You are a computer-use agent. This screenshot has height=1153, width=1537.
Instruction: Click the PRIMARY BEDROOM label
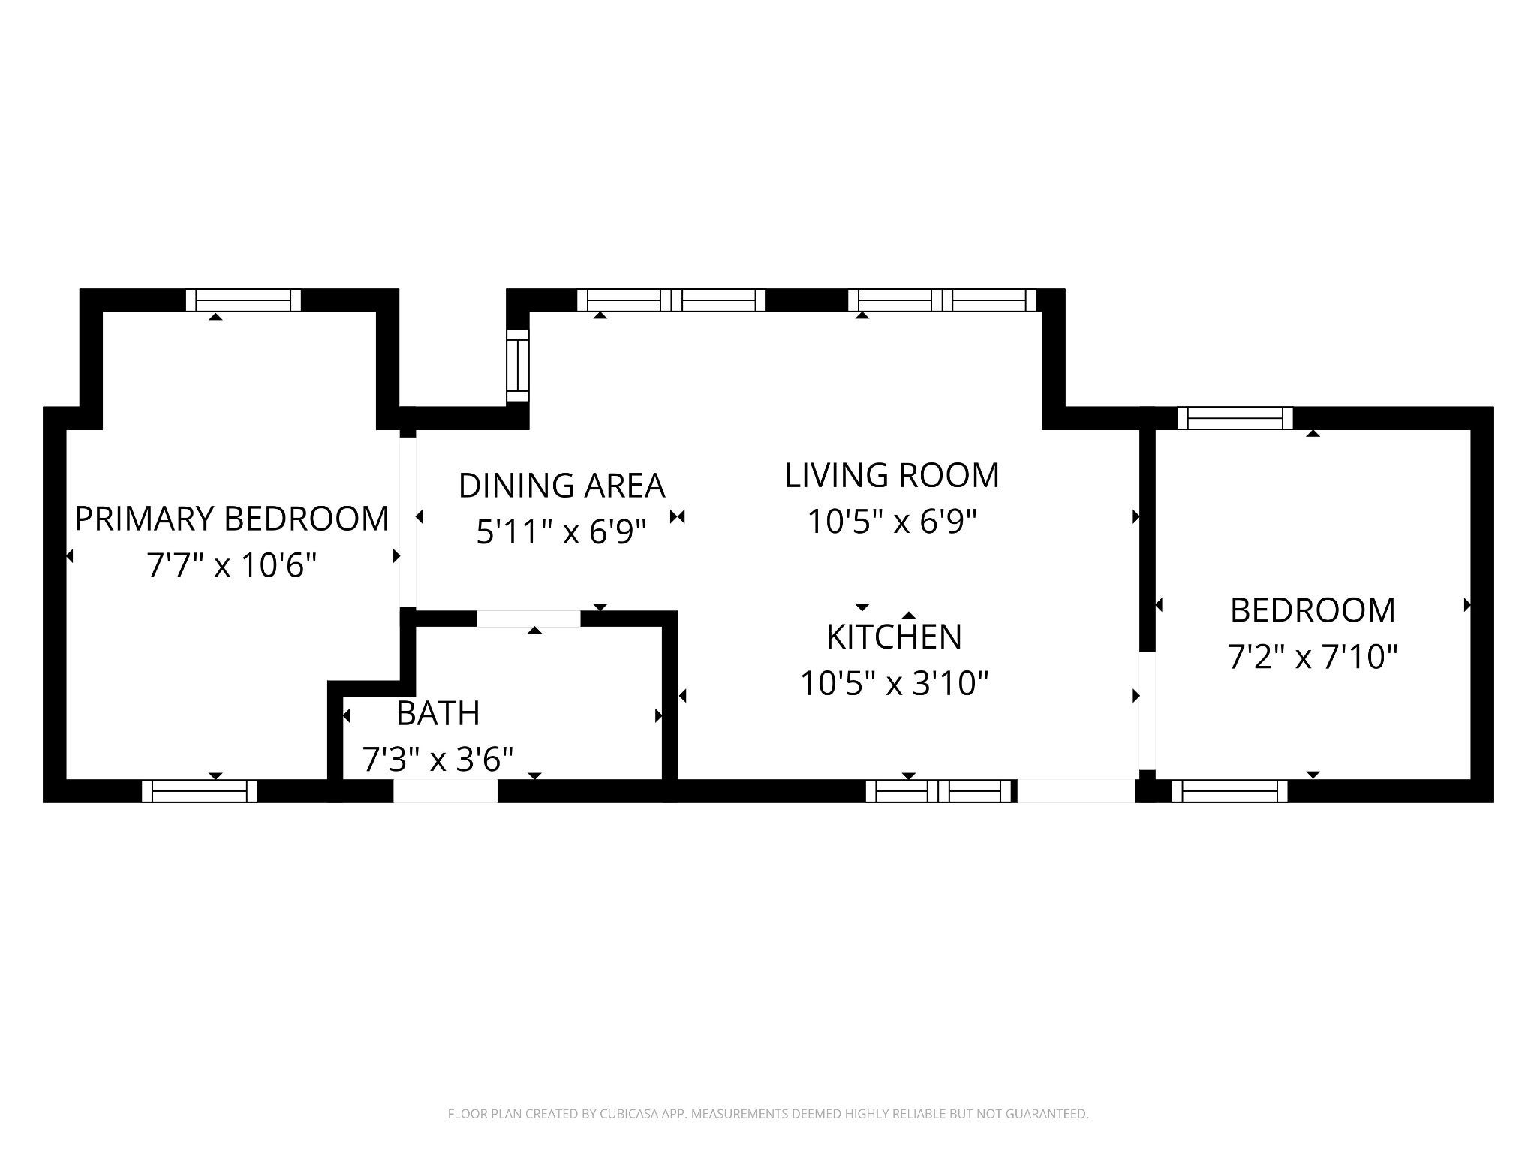pyautogui.click(x=232, y=519)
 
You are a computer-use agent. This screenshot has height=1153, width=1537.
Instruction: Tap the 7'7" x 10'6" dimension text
pyautogui.click(x=232, y=565)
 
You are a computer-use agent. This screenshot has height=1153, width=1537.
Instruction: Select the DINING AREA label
pyautogui.click(x=562, y=486)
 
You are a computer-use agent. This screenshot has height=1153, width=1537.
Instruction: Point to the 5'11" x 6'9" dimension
pyautogui.click(x=561, y=532)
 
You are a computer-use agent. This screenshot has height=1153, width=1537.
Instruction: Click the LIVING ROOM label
pyautogui.click(x=892, y=475)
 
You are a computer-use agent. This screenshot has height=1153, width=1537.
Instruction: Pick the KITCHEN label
pyautogui.click(x=894, y=637)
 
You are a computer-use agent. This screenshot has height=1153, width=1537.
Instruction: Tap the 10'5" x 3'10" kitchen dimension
pyautogui.click(x=894, y=683)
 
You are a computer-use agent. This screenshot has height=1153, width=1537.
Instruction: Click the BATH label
pyautogui.click(x=438, y=713)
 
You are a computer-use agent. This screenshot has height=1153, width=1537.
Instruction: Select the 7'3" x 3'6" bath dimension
pyautogui.click(x=438, y=759)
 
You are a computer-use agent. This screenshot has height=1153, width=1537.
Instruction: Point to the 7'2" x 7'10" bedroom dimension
pyautogui.click(x=1313, y=657)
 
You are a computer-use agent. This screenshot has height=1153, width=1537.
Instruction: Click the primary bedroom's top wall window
pyautogui.click(x=243, y=300)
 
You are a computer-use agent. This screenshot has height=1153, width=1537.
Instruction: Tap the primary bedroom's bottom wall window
pyautogui.click(x=200, y=791)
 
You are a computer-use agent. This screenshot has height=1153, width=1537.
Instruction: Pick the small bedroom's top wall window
pyautogui.click(x=1235, y=418)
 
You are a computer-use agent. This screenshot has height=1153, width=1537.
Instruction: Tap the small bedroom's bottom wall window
pyautogui.click(x=1230, y=791)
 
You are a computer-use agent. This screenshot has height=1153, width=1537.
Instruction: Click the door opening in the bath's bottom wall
pyautogui.click(x=446, y=791)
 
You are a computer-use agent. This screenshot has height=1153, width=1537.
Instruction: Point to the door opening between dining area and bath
pyautogui.click(x=529, y=619)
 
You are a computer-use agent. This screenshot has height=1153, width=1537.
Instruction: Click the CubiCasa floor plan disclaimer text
pyautogui.click(x=768, y=1114)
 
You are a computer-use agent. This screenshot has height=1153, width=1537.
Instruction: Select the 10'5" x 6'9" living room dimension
pyautogui.click(x=892, y=522)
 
